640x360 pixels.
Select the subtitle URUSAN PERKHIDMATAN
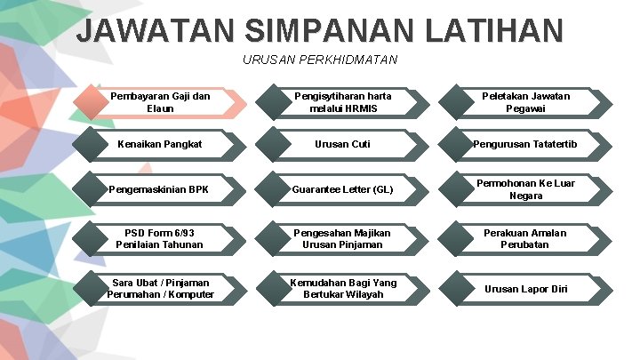point(320,60)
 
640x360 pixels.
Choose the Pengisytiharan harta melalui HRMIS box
point(343,102)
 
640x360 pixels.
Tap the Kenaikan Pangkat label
point(160,144)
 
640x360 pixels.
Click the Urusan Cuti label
point(343,144)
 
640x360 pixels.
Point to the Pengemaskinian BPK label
point(160,189)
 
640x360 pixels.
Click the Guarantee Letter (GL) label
point(343,189)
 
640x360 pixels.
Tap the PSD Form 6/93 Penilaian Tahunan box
point(160,238)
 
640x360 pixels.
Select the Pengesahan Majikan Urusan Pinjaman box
point(343,238)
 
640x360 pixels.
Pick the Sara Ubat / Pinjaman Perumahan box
point(160,288)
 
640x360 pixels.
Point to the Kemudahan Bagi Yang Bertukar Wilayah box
point(343,288)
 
